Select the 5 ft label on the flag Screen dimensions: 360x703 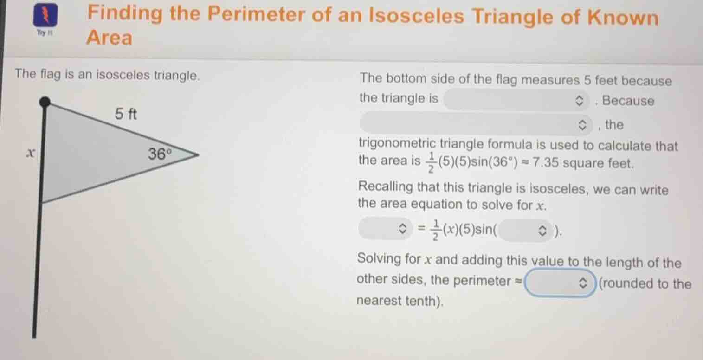click(x=126, y=114)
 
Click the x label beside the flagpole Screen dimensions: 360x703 click(x=30, y=152)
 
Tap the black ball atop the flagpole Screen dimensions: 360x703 click(x=44, y=102)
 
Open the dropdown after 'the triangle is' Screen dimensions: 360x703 click(x=516, y=100)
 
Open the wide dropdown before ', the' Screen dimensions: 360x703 click(x=476, y=124)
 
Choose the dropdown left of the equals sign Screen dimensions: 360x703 click(x=385, y=228)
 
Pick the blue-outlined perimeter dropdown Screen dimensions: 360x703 click(x=560, y=283)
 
